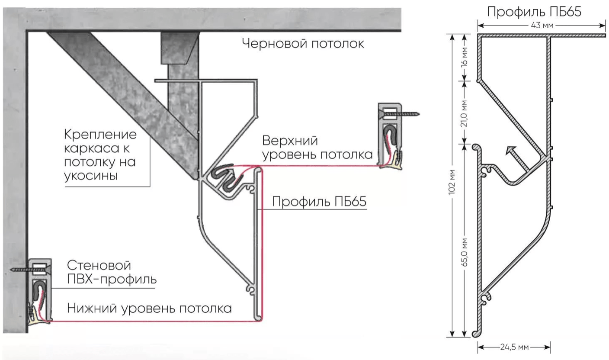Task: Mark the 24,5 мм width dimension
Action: click(513, 347)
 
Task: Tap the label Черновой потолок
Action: click(303, 43)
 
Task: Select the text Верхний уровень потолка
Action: click(317, 148)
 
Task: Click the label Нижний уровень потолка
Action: click(150, 309)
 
